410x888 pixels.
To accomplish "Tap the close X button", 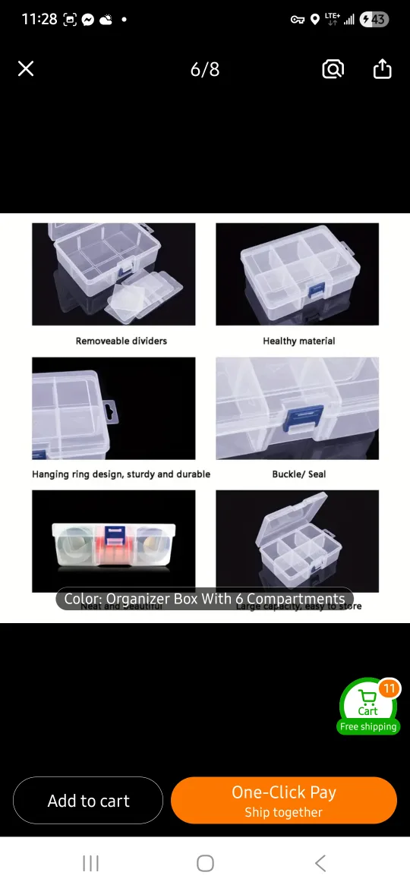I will [x=26, y=69].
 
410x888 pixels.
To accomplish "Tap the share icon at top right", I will [x=383, y=69].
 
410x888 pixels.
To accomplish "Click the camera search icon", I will [x=333, y=69].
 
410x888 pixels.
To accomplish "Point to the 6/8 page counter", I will [x=205, y=70].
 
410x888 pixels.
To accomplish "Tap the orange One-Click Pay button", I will [x=284, y=800].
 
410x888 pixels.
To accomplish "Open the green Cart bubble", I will [x=368, y=704].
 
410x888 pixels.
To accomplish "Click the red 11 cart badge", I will [x=389, y=688].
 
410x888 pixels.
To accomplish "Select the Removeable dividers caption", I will [x=121, y=341].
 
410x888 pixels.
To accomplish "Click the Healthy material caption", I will [x=299, y=341].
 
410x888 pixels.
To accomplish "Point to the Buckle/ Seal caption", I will [x=299, y=474].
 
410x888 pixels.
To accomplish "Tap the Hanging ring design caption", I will [x=121, y=474].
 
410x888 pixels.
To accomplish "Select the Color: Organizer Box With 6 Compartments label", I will [x=205, y=599].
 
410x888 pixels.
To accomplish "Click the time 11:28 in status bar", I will [x=39, y=19].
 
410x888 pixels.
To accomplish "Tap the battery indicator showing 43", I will [x=374, y=19].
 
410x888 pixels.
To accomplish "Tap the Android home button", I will [x=205, y=863].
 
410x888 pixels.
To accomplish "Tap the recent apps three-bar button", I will [x=91, y=863].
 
